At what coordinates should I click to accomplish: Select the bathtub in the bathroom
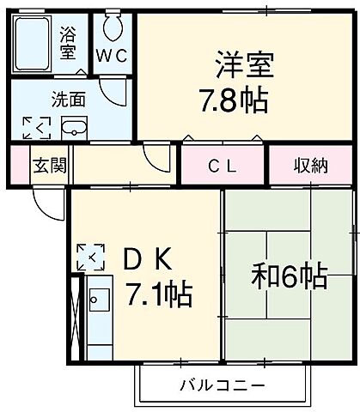tap(34, 45)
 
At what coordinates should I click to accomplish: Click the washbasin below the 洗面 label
tap(75, 130)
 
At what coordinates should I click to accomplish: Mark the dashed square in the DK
tap(89, 256)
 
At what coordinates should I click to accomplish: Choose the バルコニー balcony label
tap(222, 385)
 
